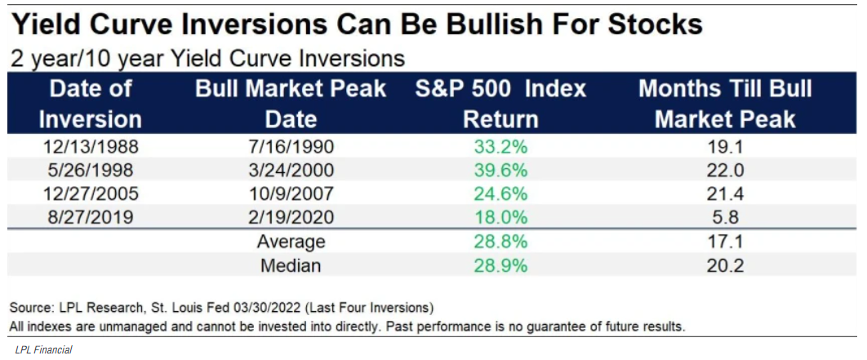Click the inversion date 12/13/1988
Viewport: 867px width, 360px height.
coord(90,149)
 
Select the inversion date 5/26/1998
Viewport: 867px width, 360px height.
coord(90,171)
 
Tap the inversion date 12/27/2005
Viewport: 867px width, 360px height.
coord(90,194)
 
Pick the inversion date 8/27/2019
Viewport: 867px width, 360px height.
coord(90,218)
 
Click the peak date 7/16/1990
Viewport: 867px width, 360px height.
coord(291,149)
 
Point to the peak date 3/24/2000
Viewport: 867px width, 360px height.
coord(291,171)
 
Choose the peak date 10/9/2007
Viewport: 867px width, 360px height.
coord(291,194)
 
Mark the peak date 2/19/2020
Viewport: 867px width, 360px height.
coord(291,218)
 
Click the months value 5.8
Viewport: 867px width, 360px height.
coord(725,218)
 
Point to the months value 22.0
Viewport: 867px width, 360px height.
coord(725,171)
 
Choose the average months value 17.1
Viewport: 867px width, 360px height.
coord(725,242)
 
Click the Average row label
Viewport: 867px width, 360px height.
coord(291,242)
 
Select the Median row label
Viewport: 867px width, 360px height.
coord(291,266)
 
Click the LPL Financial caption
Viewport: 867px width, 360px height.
coord(43,349)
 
